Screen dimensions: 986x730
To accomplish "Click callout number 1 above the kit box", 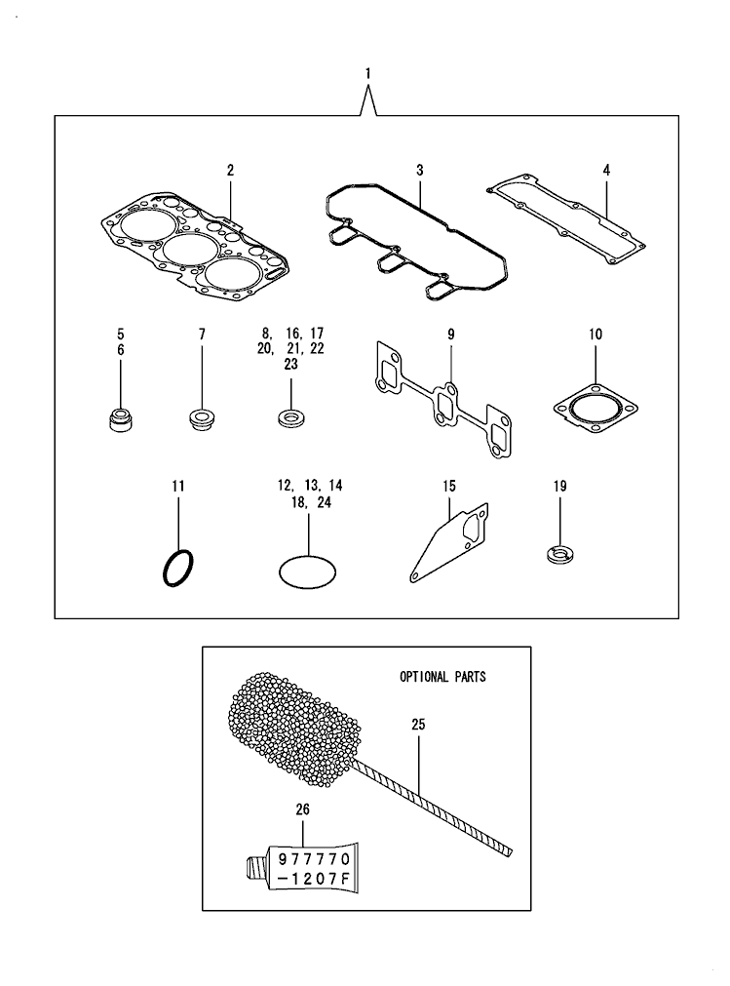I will (367, 73).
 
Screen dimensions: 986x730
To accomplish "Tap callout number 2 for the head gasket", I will (230, 171).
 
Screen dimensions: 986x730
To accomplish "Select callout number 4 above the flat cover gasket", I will (605, 170).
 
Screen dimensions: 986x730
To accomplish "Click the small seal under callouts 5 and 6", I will (121, 420).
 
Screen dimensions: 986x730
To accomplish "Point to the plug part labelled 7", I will (202, 420).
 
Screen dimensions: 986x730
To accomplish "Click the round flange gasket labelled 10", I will (595, 407).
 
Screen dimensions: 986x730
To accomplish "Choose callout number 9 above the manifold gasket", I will (451, 335).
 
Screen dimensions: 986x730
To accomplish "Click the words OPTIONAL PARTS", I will (442, 676).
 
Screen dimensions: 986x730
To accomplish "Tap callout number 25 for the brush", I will (418, 725).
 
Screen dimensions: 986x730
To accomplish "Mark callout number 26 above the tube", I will (302, 808).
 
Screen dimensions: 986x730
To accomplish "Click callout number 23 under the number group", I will (290, 364).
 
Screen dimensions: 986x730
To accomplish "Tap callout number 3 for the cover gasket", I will (419, 170).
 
